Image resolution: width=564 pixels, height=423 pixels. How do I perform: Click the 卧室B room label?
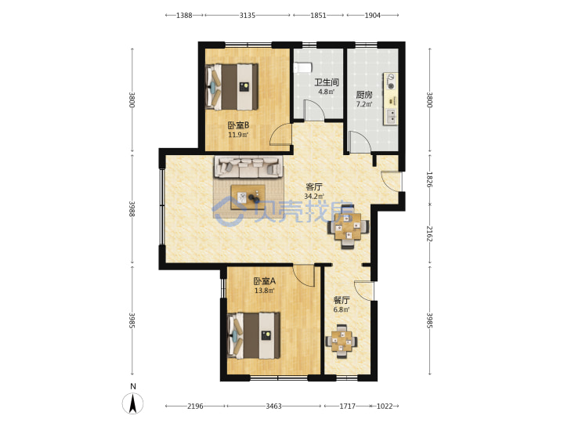coord(238,125)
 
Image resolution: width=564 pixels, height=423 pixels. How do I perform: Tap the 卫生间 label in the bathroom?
coord(327,82)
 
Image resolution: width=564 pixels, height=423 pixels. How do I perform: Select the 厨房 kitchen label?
coord(364,95)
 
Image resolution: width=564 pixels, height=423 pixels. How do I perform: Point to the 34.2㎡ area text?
coord(314,197)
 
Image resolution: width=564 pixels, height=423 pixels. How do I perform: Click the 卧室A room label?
coord(265,280)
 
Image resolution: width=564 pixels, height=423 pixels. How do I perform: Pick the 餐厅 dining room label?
coord(342,300)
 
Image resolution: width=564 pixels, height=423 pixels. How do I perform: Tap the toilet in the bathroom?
coord(302,67)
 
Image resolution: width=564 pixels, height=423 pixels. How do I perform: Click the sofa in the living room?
coord(248,167)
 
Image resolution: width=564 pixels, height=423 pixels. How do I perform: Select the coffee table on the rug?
coord(248,197)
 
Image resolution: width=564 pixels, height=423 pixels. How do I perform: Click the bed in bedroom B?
coord(232,87)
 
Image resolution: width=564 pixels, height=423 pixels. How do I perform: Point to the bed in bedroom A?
coord(254,335)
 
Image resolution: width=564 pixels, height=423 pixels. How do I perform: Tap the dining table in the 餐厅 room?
coord(342,342)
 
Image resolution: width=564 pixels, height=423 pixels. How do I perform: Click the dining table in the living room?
coord(348,226)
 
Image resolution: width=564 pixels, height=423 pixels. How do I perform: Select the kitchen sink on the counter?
coord(391,116)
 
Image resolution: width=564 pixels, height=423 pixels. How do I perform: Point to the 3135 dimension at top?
coord(247,15)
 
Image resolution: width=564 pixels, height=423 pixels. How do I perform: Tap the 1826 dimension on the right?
coord(429,179)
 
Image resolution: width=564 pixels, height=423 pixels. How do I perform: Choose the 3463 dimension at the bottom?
coord(273,406)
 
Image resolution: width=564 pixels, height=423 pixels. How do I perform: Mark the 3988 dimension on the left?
coord(132,208)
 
